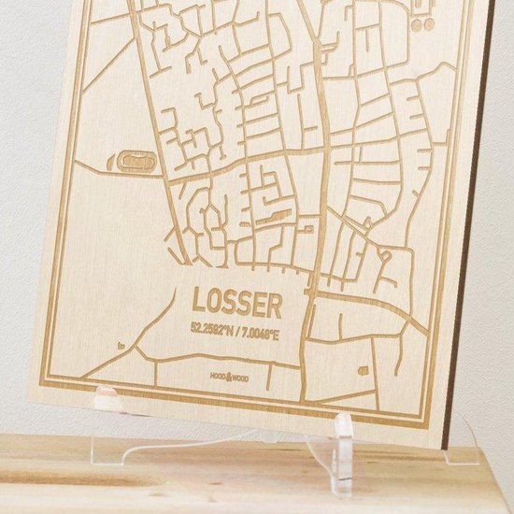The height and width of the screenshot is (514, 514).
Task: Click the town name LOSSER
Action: coord(236,302)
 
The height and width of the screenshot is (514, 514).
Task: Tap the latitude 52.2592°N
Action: coord(214,328)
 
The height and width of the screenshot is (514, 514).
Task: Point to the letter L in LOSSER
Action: coord(199,299)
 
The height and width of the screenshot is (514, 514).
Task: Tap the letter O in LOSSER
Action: coord(214,300)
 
